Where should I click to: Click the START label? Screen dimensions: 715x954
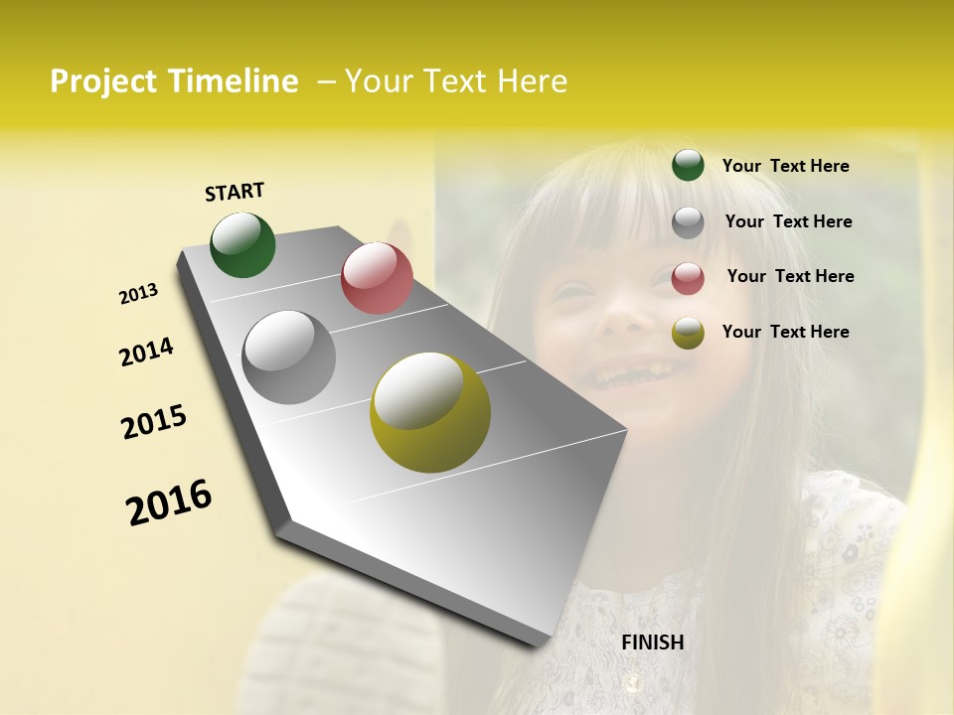(x=235, y=192)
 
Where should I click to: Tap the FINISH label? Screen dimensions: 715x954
(x=652, y=643)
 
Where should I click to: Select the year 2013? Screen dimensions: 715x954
(x=139, y=293)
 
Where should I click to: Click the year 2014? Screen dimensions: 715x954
(x=146, y=352)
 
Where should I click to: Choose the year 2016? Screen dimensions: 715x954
(x=169, y=501)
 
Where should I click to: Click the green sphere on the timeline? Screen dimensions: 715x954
(x=242, y=244)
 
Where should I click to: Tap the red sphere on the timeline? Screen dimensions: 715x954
(x=377, y=277)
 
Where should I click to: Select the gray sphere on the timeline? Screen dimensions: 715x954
(x=288, y=357)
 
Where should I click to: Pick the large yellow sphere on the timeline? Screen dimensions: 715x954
(x=430, y=411)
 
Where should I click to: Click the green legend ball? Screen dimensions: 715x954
(x=688, y=166)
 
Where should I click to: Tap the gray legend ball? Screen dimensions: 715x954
(x=688, y=222)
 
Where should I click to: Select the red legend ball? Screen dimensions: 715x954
(x=688, y=278)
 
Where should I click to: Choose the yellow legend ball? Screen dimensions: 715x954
(x=688, y=334)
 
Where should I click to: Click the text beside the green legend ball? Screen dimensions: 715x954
(x=785, y=166)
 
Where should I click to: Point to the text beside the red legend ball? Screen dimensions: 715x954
(x=790, y=276)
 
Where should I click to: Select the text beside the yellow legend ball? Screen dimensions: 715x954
(x=785, y=332)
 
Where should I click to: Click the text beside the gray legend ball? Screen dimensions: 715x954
(x=788, y=221)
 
